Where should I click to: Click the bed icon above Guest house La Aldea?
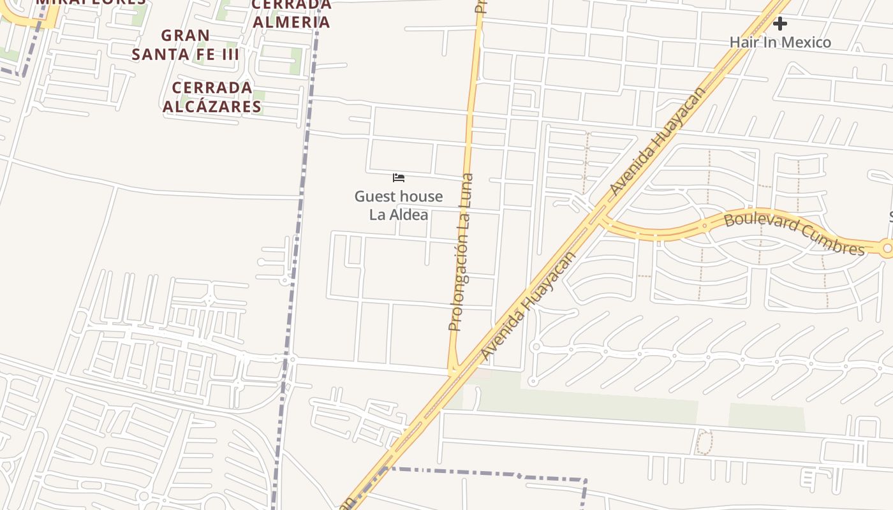399,178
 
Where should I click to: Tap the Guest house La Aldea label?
399,205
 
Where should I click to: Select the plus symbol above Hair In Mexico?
779,24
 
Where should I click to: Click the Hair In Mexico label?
779,43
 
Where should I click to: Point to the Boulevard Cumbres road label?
794,234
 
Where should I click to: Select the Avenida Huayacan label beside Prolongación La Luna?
528,307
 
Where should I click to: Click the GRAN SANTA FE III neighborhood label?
185,45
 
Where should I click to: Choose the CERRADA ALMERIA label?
292,14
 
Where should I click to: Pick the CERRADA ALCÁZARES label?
212,97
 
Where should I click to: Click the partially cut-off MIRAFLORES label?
91,2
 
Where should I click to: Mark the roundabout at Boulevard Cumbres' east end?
887,249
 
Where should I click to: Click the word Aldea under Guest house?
409,215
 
